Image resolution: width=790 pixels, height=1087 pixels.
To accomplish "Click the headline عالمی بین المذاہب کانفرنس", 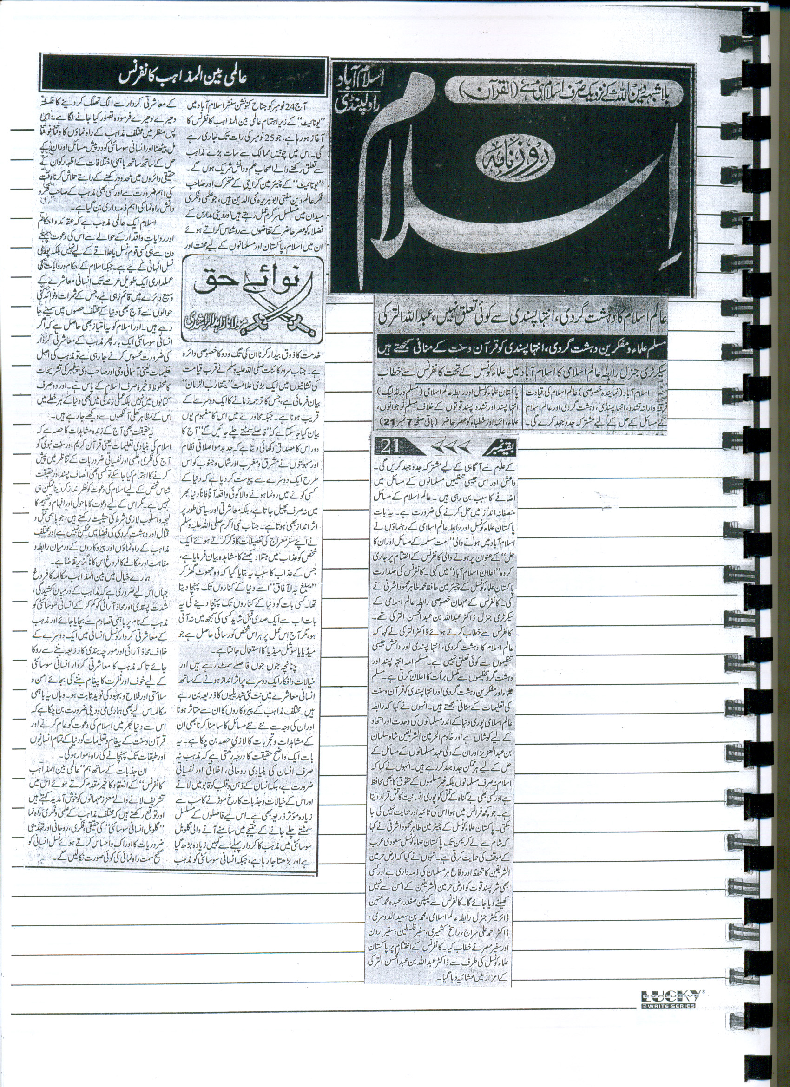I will [x=184, y=77].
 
